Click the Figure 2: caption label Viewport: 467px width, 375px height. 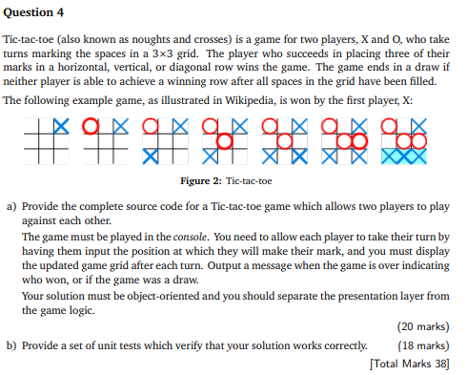204,181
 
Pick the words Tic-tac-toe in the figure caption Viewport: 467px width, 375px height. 251,181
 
